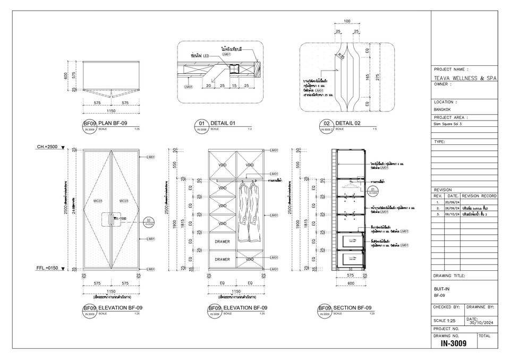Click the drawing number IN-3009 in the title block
453,344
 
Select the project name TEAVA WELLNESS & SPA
465,78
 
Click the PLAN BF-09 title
113,123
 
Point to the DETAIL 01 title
223,123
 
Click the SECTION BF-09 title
352,308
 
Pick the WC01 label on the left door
98,201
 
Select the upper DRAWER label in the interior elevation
222,242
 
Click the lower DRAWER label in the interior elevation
222,260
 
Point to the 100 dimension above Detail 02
347,21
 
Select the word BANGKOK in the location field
443,109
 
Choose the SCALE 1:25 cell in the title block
445,321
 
